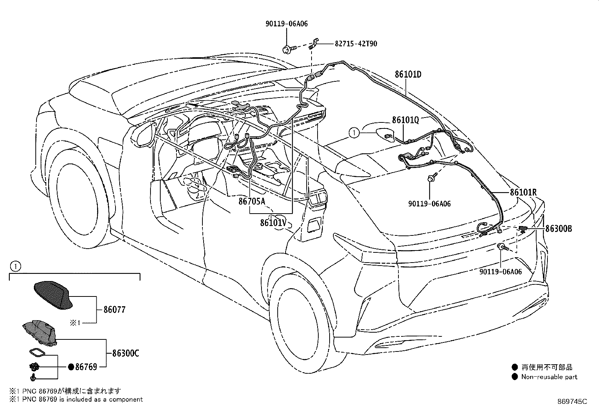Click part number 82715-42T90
tap(356, 44)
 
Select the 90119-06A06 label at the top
tap(286, 24)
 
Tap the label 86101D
tap(408, 75)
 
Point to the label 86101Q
tap(405, 120)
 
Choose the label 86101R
tap(523, 192)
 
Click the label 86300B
tap(559, 228)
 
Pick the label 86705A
tap(251, 202)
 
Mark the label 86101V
tap(274, 223)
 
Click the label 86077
tap(114, 310)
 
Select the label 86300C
tap(126, 353)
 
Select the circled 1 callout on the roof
tap(353, 132)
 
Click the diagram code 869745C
tap(572, 402)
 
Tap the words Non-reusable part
tap(549, 377)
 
